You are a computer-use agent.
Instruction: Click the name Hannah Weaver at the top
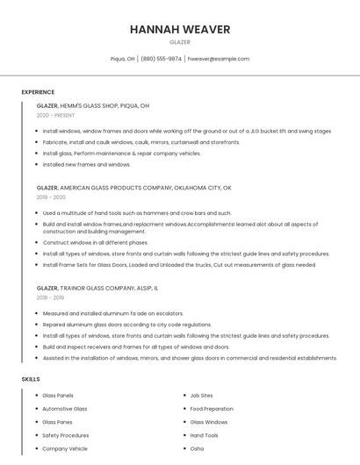coord(180,29)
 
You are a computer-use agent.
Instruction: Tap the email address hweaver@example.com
coord(219,59)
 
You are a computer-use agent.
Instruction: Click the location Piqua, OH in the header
coord(123,59)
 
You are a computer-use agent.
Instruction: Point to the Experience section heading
coord(38,92)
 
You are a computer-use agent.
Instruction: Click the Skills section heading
coord(31,379)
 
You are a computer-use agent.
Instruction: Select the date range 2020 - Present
coord(55,116)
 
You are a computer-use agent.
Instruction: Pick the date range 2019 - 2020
coord(51,197)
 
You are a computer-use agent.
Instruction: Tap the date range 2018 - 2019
coord(51,297)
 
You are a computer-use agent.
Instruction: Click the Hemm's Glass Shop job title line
coord(93,105)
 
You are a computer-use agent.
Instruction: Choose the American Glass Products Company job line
coord(133,188)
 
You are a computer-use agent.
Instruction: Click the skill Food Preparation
coord(212,409)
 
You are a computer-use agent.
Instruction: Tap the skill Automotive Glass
coord(65,409)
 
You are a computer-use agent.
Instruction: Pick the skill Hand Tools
coord(204,435)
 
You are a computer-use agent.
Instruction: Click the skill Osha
coord(197,448)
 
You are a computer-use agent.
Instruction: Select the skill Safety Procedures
coord(66,435)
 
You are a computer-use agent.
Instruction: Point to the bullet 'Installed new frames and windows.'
coord(87,164)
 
